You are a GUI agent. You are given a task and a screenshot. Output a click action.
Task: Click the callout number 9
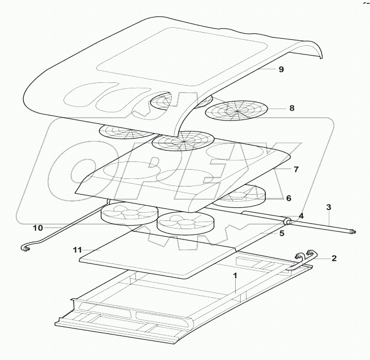(282, 70)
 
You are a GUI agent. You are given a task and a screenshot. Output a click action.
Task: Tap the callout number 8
(292, 108)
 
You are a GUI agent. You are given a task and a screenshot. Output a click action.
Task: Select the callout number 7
(296, 170)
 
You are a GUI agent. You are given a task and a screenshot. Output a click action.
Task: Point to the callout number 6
(289, 199)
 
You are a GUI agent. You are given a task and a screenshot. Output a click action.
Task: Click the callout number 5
(282, 233)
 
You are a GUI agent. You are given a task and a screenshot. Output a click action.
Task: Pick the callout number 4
(301, 216)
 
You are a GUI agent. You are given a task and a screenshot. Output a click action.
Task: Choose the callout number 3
(329, 207)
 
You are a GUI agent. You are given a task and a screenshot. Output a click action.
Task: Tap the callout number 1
(235, 276)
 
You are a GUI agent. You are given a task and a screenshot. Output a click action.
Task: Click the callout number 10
(38, 227)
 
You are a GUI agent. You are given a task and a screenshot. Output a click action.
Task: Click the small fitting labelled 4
(287, 221)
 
